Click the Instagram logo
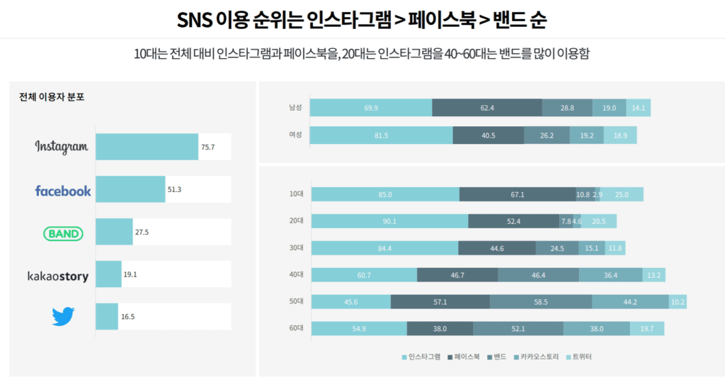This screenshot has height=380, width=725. click(x=62, y=147)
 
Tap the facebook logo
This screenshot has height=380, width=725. click(x=63, y=190)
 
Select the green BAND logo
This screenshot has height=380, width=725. click(x=63, y=233)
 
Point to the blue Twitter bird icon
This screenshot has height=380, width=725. click(x=63, y=316)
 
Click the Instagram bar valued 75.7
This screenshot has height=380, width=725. click(x=147, y=147)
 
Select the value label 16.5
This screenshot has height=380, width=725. click(x=128, y=317)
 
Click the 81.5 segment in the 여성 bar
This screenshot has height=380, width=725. click(x=381, y=135)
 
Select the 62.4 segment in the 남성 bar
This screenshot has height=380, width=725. click(x=486, y=108)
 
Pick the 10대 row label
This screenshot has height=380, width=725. click(x=296, y=194)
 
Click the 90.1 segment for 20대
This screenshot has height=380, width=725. click(x=389, y=221)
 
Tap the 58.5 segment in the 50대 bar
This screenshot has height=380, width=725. click(x=541, y=301)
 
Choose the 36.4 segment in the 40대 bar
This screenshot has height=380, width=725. click(x=610, y=275)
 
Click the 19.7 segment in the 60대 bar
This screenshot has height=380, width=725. click(x=646, y=328)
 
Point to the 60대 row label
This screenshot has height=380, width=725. click(x=296, y=328)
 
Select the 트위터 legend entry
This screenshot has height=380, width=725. click(x=578, y=357)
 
